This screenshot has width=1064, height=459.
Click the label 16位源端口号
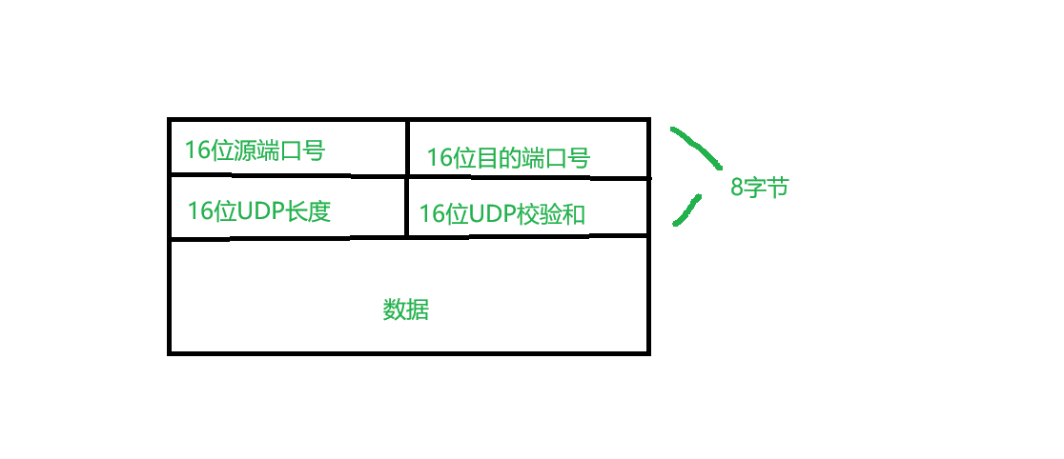(x=255, y=150)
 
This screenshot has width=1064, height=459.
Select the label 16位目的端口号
(x=507, y=158)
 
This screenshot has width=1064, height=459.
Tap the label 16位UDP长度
(x=258, y=210)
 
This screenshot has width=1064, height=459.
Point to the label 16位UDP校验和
(x=501, y=214)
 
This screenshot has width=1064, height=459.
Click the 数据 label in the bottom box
(x=406, y=310)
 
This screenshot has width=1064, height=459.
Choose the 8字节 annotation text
(x=759, y=188)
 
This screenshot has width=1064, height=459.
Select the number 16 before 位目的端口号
(x=439, y=158)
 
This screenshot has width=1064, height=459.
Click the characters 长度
(x=314, y=210)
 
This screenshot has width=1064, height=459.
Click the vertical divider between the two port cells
(x=407, y=147)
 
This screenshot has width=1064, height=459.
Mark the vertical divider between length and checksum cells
(x=407, y=206)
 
